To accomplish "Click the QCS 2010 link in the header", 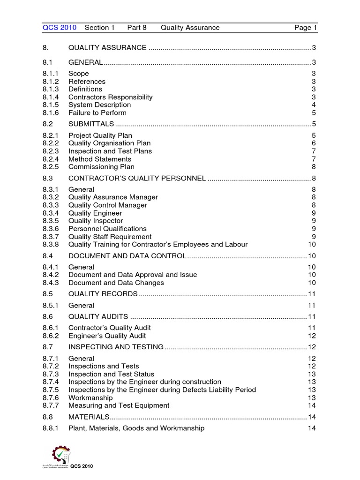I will click(x=59, y=28).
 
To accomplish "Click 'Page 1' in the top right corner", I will click(x=306, y=28).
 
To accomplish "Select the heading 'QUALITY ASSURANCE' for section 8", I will click(x=107, y=47).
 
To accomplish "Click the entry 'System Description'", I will click(x=99, y=105).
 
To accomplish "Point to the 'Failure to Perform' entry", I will click(x=97, y=113).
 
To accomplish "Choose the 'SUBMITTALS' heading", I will click(x=91, y=124).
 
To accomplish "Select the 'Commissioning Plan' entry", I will click(x=101, y=167).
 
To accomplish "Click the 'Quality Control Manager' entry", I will click(x=107, y=205).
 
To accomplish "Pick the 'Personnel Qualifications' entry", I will click(x=107, y=229).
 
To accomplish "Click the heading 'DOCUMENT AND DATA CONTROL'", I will click(x=127, y=255).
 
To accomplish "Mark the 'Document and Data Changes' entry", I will click(x=116, y=283).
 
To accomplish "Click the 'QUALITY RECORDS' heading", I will click(x=103, y=294).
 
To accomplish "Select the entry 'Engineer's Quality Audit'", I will click(x=107, y=336).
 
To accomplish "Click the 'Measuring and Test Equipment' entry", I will click(x=119, y=405).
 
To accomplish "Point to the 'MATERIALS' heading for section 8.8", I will click(x=89, y=417).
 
